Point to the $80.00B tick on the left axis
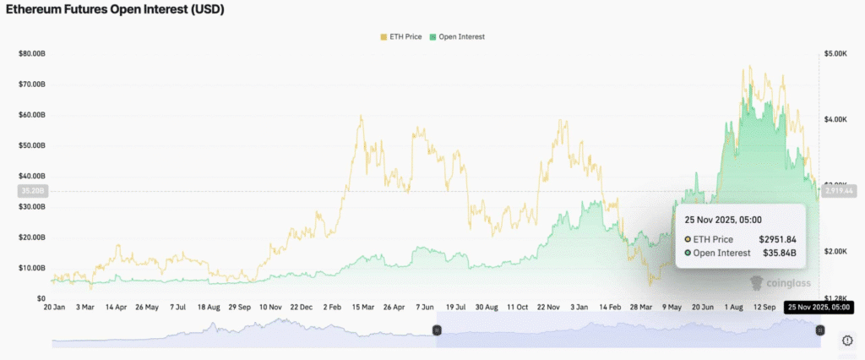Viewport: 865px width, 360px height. [31, 54]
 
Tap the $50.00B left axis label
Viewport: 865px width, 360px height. [31, 145]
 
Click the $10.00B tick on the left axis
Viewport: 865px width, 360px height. [31, 268]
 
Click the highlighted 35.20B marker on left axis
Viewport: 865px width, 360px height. [31, 191]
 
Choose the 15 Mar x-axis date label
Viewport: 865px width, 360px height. [362, 308]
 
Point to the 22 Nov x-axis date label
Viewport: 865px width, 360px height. [550, 308]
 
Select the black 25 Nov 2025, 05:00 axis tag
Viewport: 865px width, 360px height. [816, 308]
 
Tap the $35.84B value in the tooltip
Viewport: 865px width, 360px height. [781, 253]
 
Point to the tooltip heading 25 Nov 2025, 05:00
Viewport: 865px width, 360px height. [723, 220]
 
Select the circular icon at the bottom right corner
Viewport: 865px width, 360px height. [847, 340]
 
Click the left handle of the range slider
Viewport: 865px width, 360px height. [437, 330]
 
